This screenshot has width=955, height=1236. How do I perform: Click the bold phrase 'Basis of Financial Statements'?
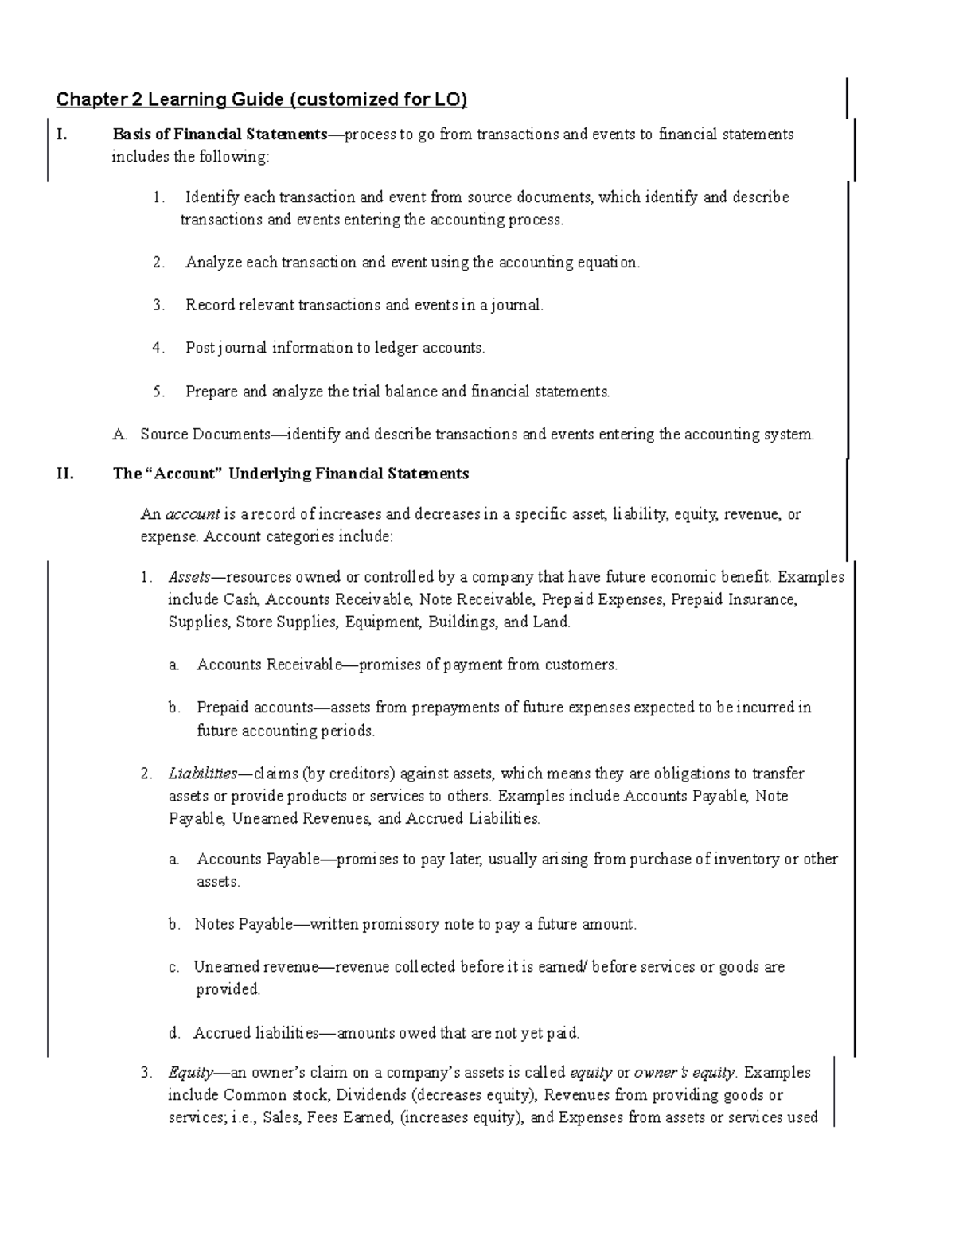(x=220, y=135)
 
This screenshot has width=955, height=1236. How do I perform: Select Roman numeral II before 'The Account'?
(x=64, y=474)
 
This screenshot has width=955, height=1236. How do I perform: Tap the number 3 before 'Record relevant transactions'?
(x=158, y=305)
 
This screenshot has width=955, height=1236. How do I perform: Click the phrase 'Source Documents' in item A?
(x=205, y=435)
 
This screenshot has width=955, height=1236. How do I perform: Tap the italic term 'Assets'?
(x=189, y=577)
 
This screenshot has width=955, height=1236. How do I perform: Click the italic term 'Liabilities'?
(x=202, y=774)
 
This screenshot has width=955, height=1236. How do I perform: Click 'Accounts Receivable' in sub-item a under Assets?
(x=268, y=665)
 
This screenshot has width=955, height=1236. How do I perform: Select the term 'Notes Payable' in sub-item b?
(x=239, y=925)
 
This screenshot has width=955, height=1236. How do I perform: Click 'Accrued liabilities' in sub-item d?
(x=255, y=1034)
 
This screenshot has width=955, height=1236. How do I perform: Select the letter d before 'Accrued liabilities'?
(x=174, y=1034)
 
